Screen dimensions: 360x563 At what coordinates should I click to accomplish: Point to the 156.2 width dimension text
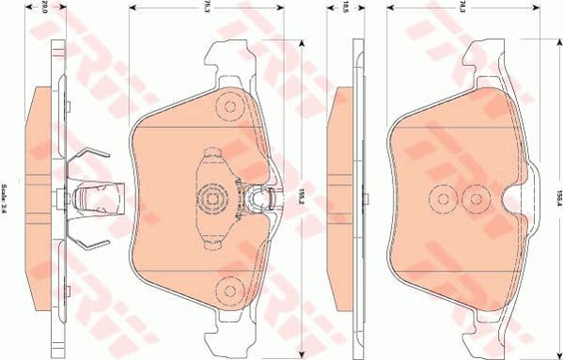pyautogui.click(x=300, y=195)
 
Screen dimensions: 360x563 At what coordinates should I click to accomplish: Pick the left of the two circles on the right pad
pyautogui.click(x=441, y=197)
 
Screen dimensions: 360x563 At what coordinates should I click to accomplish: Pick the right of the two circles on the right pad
pyautogui.click(x=474, y=197)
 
